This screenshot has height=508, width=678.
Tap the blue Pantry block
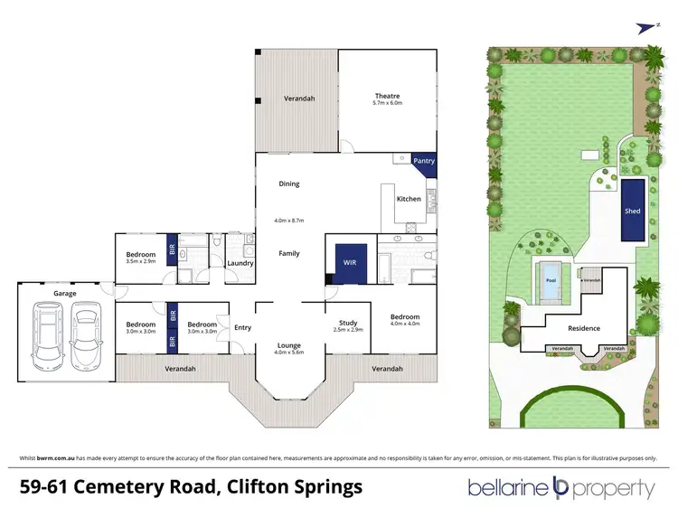[423, 161]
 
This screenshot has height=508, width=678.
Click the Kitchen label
[409, 199]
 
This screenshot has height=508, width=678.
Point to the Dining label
[288, 183]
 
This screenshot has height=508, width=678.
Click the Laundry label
[240, 263]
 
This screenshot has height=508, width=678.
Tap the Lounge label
[288, 345]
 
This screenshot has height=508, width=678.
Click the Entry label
[242, 327]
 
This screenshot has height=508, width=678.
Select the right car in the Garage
[85, 331]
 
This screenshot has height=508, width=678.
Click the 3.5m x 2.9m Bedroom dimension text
[140, 261]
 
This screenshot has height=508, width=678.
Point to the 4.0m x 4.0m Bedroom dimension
[405, 324]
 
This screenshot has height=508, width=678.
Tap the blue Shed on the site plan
[632, 211]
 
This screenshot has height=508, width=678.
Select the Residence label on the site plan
[584, 328]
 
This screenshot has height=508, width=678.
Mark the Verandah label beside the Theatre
[298, 98]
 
